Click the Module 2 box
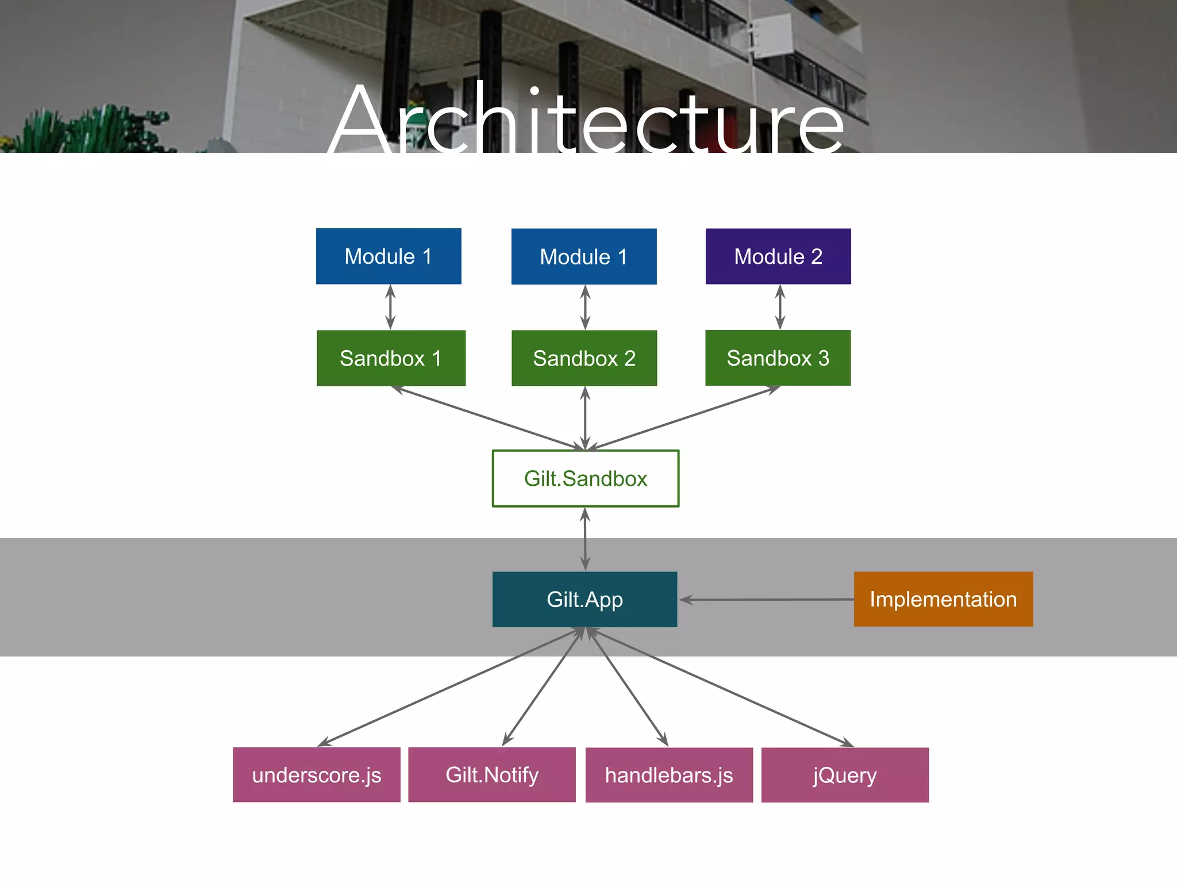click(x=778, y=256)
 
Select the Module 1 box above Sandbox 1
click(x=389, y=256)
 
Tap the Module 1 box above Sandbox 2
click(x=584, y=256)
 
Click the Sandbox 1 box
click(x=391, y=358)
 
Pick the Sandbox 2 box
click(x=584, y=358)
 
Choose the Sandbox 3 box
click(x=778, y=358)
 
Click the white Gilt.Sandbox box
click(x=586, y=478)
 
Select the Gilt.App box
click(x=584, y=599)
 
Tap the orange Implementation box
click(x=943, y=599)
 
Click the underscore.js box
click(x=317, y=775)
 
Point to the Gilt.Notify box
click(x=492, y=775)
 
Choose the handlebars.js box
click(x=669, y=775)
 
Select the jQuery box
click(x=845, y=775)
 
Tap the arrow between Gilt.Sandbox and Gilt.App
click(x=585, y=539)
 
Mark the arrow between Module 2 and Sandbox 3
click(x=780, y=307)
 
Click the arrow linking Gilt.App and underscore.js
click(x=451, y=687)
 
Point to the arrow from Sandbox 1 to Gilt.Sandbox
click(x=489, y=418)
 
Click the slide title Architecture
click(x=586, y=121)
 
